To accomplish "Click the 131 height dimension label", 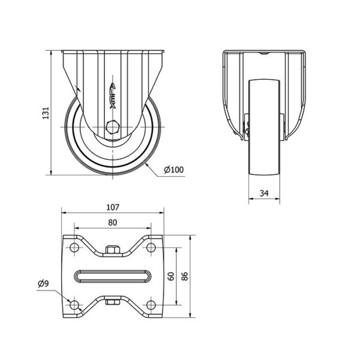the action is click(46, 113).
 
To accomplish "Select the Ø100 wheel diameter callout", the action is click(174, 170).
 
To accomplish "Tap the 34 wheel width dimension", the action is click(264, 193).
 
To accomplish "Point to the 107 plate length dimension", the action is click(113, 208).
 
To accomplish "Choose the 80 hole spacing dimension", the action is click(113, 223).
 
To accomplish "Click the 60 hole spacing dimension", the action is click(171, 276).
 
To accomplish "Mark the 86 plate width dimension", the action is click(185, 276).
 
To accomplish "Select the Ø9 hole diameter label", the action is click(43, 284).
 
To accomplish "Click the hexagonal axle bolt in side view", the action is click(113, 127).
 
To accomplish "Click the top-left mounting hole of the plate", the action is click(74, 247).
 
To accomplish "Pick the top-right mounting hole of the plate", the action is click(151, 247).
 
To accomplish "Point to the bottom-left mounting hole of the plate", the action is click(74, 305).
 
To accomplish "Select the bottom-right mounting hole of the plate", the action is click(151, 305).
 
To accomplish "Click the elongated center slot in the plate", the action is click(113, 276).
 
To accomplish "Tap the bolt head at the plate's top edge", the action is click(113, 250).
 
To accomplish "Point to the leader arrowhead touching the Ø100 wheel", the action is click(147, 164).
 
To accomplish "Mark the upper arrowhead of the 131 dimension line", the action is click(51, 53).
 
